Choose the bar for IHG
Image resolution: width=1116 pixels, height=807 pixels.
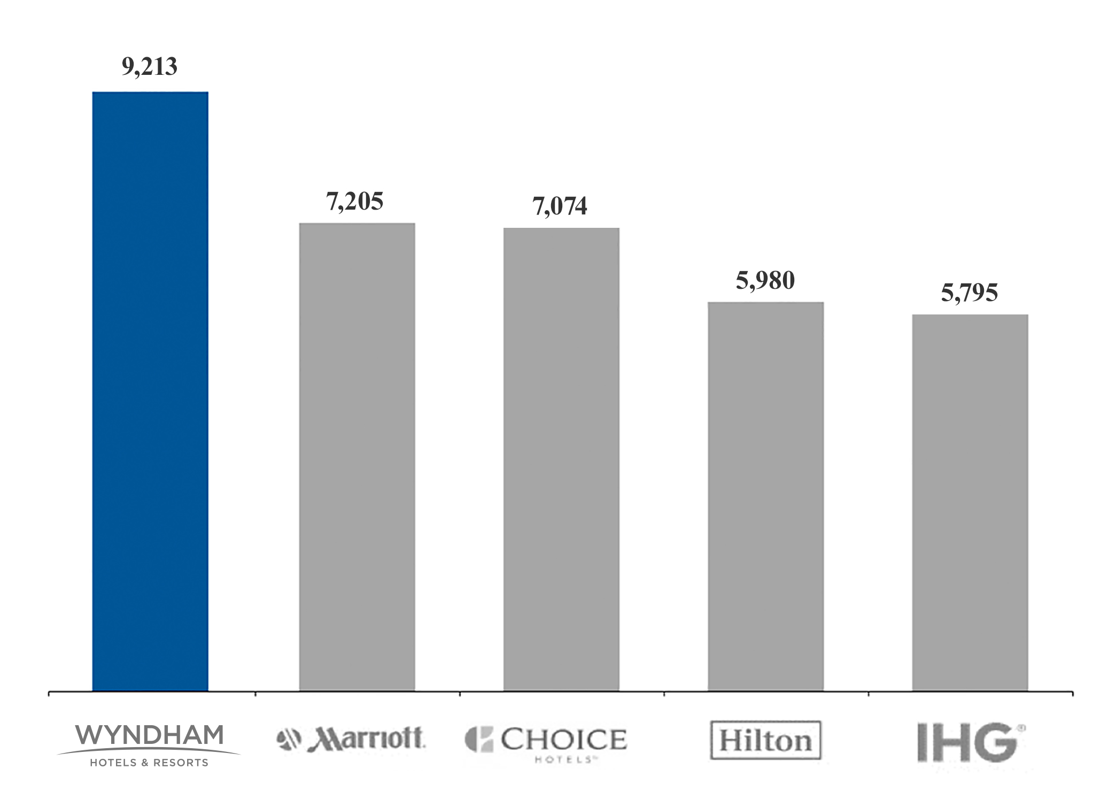(970, 502)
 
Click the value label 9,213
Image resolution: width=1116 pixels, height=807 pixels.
(150, 67)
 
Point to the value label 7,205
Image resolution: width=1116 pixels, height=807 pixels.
(355, 202)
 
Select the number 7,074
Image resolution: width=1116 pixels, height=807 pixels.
(560, 206)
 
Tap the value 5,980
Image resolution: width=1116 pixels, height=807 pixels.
(765, 281)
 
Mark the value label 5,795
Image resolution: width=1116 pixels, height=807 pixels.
(969, 293)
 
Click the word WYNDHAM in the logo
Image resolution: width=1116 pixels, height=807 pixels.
(149, 735)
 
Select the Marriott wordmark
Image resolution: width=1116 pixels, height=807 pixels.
(367, 739)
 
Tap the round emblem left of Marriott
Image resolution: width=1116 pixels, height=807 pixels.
(289, 740)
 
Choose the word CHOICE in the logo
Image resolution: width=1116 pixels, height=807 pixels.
(563, 740)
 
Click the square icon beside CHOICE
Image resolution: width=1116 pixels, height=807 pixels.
(479, 740)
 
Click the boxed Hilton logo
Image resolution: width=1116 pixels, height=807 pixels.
(765, 741)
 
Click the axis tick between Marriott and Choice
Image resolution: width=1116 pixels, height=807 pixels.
(460, 694)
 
